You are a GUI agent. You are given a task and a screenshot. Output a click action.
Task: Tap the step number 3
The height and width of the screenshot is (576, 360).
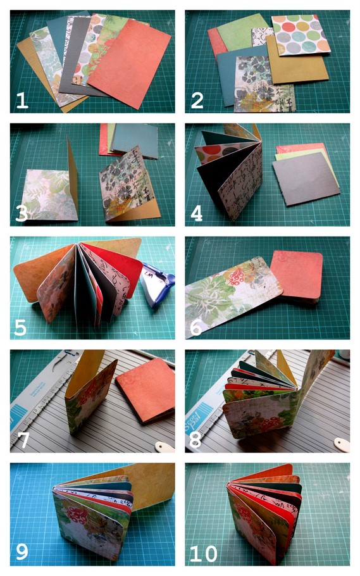click(22, 212)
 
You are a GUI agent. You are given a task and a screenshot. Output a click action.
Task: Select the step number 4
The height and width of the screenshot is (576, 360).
click(197, 212)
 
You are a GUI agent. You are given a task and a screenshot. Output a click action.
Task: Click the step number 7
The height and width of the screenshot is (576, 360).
click(22, 438)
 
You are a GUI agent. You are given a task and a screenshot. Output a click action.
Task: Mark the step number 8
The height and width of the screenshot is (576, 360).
click(197, 438)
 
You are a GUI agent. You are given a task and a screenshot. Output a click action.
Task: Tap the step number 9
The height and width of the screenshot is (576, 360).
click(22, 551)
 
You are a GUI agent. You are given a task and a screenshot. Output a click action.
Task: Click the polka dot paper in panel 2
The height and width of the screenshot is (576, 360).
click(302, 34)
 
